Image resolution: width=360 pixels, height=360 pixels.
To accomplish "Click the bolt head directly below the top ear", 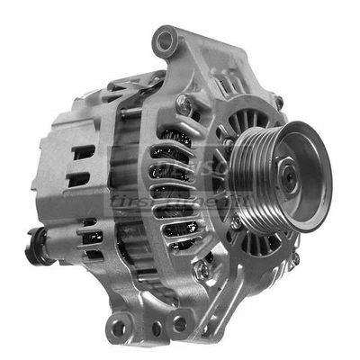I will click(184, 103).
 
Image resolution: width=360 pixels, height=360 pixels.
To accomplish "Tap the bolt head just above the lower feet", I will click(206, 267).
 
